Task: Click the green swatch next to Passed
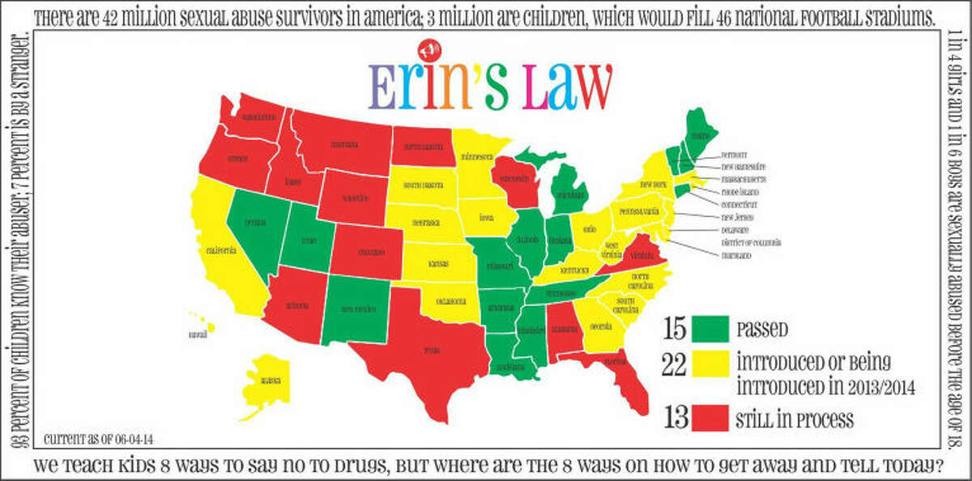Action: (711, 329)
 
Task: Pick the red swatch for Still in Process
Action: (711, 419)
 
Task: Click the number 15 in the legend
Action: (675, 329)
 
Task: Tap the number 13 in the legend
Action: (675, 419)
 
